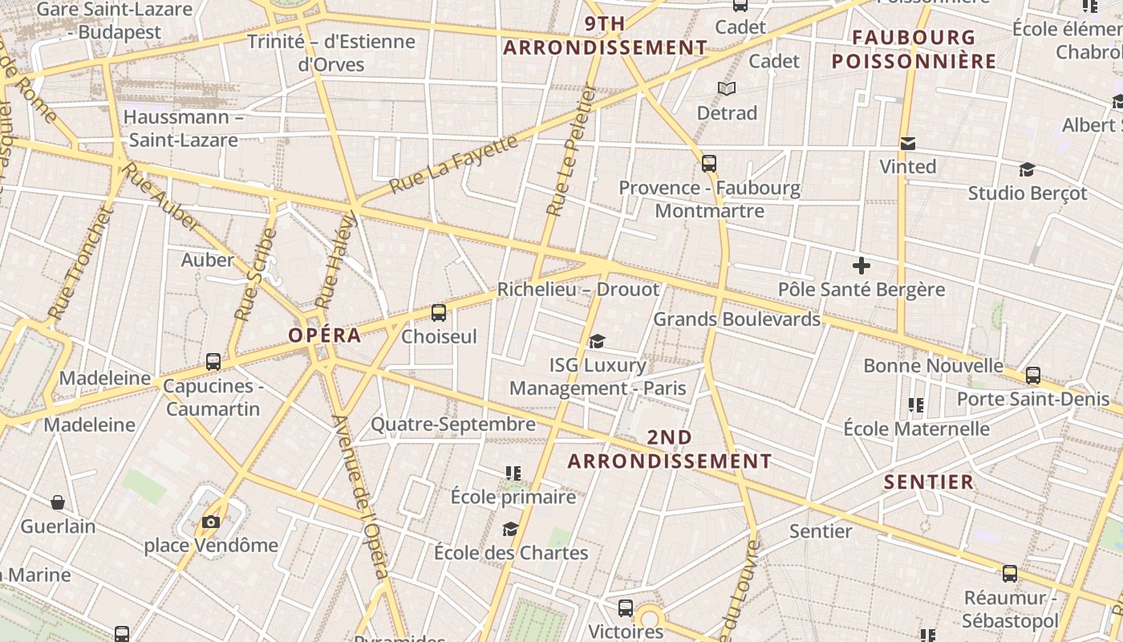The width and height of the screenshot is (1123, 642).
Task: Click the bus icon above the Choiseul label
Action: [x=438, y=313]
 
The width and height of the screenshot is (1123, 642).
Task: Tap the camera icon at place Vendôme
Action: [x=211, y=522]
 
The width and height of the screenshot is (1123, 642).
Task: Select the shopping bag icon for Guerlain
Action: [x=58, y=503]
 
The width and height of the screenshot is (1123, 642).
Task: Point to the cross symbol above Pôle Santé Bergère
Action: [x=862, y=266]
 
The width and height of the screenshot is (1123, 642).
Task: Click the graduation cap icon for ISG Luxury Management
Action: [x=597, y=342]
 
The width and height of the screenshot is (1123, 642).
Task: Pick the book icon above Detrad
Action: [x=727, y=89]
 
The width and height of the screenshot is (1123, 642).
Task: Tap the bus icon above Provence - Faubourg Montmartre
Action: [x=709, y=164]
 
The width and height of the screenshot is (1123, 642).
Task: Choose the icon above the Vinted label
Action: [x=908, y=144]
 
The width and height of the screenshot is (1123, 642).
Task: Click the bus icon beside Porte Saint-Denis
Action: [x=1033, y=375]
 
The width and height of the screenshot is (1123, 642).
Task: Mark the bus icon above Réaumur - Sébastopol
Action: [x=1010, y=574]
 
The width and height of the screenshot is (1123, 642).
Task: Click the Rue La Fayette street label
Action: [x=454, y=165]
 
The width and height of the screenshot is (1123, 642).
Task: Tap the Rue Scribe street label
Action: [x=256, y=275]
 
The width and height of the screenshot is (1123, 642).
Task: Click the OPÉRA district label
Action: [x=325, y=335]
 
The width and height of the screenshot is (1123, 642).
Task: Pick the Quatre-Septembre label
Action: [x=452, y=425]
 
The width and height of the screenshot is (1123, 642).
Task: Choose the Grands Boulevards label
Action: [x=736, y=319]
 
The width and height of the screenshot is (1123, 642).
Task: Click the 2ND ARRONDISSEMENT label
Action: [x=670, y=449]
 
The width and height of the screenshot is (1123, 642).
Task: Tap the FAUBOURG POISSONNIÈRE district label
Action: [x=914, y=50]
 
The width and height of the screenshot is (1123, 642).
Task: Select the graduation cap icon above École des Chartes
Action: [x=510, y=529]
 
